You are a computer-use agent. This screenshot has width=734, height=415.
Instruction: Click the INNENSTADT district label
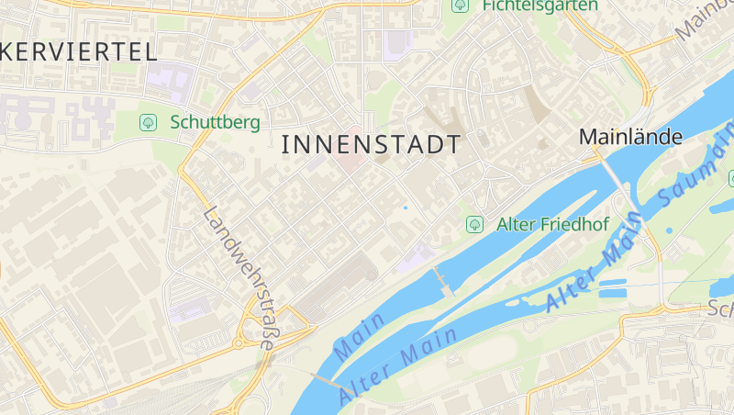[371, 144]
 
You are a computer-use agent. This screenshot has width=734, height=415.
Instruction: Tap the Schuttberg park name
[215, 122]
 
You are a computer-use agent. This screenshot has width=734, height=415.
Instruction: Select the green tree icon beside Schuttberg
[147, 121]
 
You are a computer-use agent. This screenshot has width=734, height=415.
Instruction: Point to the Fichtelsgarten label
[539, 6]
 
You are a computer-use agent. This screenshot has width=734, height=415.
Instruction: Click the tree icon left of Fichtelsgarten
[460, 6]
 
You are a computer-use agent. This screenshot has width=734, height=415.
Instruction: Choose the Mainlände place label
[630, 137]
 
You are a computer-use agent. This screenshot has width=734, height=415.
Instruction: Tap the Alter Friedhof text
[552, 224]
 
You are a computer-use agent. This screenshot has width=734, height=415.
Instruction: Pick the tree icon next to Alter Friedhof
[474, 223]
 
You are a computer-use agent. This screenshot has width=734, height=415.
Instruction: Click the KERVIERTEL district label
[79, 51]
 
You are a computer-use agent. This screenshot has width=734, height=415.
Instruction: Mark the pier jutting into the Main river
[443, 281]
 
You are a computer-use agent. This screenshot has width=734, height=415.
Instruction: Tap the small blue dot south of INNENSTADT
[405, 207]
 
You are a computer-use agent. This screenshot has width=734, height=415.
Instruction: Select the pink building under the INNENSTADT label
[347, 160]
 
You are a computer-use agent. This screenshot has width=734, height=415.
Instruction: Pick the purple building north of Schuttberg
[167, 80]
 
